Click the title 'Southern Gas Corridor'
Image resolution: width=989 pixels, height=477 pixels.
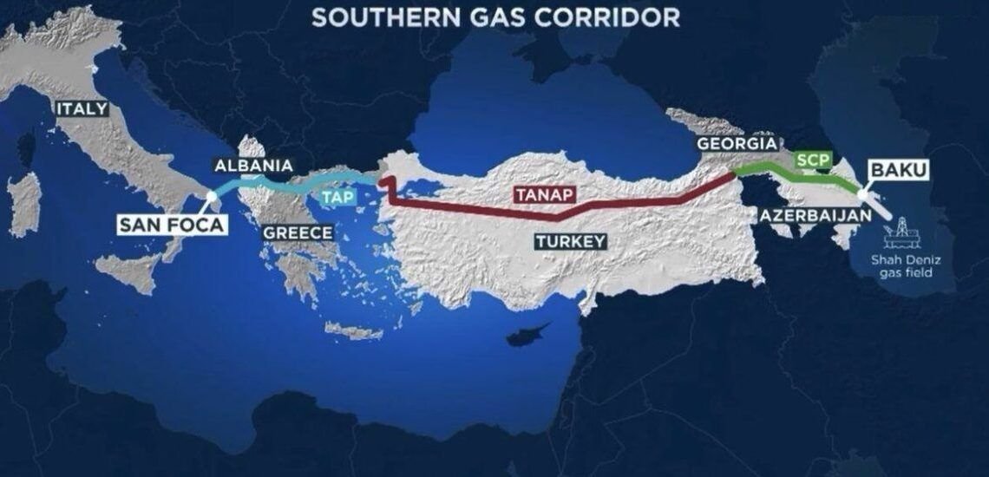495,16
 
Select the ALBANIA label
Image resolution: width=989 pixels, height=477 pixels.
253,166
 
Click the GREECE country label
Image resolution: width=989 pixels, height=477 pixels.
297,232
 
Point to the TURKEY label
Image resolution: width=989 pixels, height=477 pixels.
569,241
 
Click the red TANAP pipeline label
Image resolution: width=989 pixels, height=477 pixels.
544,194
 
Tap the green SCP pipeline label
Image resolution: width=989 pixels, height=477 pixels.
813,160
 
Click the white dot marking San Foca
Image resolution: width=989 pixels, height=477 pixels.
212,197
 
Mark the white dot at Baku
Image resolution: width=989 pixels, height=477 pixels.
861,194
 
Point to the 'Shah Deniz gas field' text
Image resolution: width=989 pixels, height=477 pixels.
907,266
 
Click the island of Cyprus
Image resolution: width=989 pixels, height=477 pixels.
528,334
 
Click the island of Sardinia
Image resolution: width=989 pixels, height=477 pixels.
23,204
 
